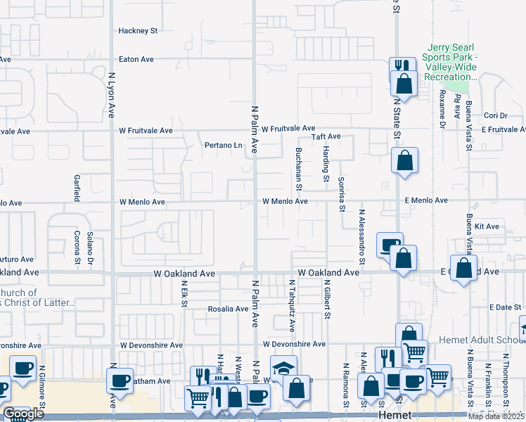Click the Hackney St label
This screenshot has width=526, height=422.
point(138,31)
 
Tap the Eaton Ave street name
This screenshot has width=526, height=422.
point(137,60)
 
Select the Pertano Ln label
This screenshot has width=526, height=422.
point(223,146)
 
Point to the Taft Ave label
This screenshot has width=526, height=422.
point(326,136)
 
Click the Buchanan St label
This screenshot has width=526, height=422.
point(298,173)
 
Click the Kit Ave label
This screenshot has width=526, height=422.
point(487,226)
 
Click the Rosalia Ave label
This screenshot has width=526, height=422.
point(228,308)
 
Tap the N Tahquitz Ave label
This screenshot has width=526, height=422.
point(292,305)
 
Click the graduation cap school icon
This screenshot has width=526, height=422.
point(283,368)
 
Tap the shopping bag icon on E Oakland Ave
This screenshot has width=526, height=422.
point(463,268)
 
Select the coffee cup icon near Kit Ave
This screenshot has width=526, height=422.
point(390,245)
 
